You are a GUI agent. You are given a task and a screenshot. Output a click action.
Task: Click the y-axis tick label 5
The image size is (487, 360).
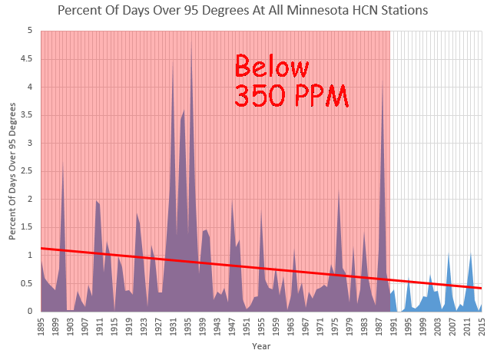pyautogui.click(x=32, y=31)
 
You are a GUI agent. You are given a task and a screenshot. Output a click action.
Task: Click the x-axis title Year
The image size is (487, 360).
pyautogui.click(x=261, y=346)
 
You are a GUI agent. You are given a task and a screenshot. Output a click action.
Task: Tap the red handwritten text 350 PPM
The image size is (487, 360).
pyautogui.click(x=290, y=95)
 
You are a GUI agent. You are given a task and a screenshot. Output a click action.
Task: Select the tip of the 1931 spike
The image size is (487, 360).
pyautogui.click(x=173, y=69)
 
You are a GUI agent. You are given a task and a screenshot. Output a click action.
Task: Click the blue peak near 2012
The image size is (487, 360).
pyautogui.click(x=470, y=253)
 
